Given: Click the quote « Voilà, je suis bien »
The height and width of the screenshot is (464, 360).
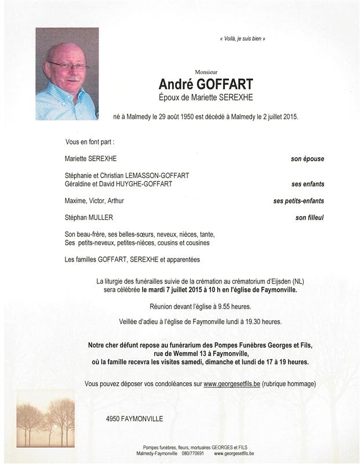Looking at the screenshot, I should click(243, 39).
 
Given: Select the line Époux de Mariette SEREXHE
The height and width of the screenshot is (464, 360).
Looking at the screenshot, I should click(206, 97).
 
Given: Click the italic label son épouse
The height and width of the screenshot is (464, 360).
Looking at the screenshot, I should click(307, 159).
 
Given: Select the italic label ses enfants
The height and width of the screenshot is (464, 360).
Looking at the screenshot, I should click(308, 184).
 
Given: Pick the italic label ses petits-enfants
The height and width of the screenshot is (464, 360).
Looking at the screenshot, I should click(299, 201).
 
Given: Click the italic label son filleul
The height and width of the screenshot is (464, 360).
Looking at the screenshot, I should click(309, 218).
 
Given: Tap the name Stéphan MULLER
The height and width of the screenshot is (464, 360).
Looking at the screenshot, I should click(89, 218).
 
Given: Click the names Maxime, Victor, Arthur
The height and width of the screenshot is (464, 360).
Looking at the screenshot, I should click(94, 201).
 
